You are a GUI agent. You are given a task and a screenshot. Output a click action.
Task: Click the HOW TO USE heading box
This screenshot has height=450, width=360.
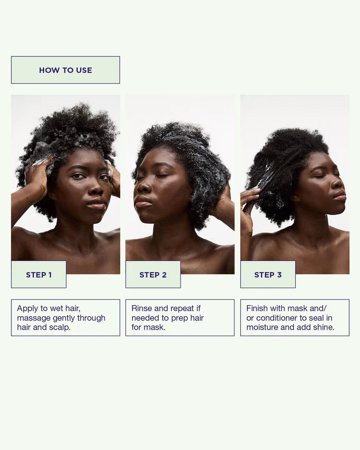click(x=65, y=70)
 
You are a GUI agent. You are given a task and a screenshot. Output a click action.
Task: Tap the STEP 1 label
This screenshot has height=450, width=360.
click(x=39, y=275)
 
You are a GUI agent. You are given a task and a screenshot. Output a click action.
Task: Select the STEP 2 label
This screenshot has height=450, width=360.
click(x=153, y=275)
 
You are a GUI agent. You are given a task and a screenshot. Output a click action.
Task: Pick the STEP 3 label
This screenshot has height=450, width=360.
click(x=268, y=275)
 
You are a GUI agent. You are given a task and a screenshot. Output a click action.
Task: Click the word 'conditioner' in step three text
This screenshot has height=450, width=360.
click(x=281, y=318)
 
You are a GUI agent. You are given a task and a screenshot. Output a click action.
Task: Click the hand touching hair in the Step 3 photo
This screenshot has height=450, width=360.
click(x=249, y=198)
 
